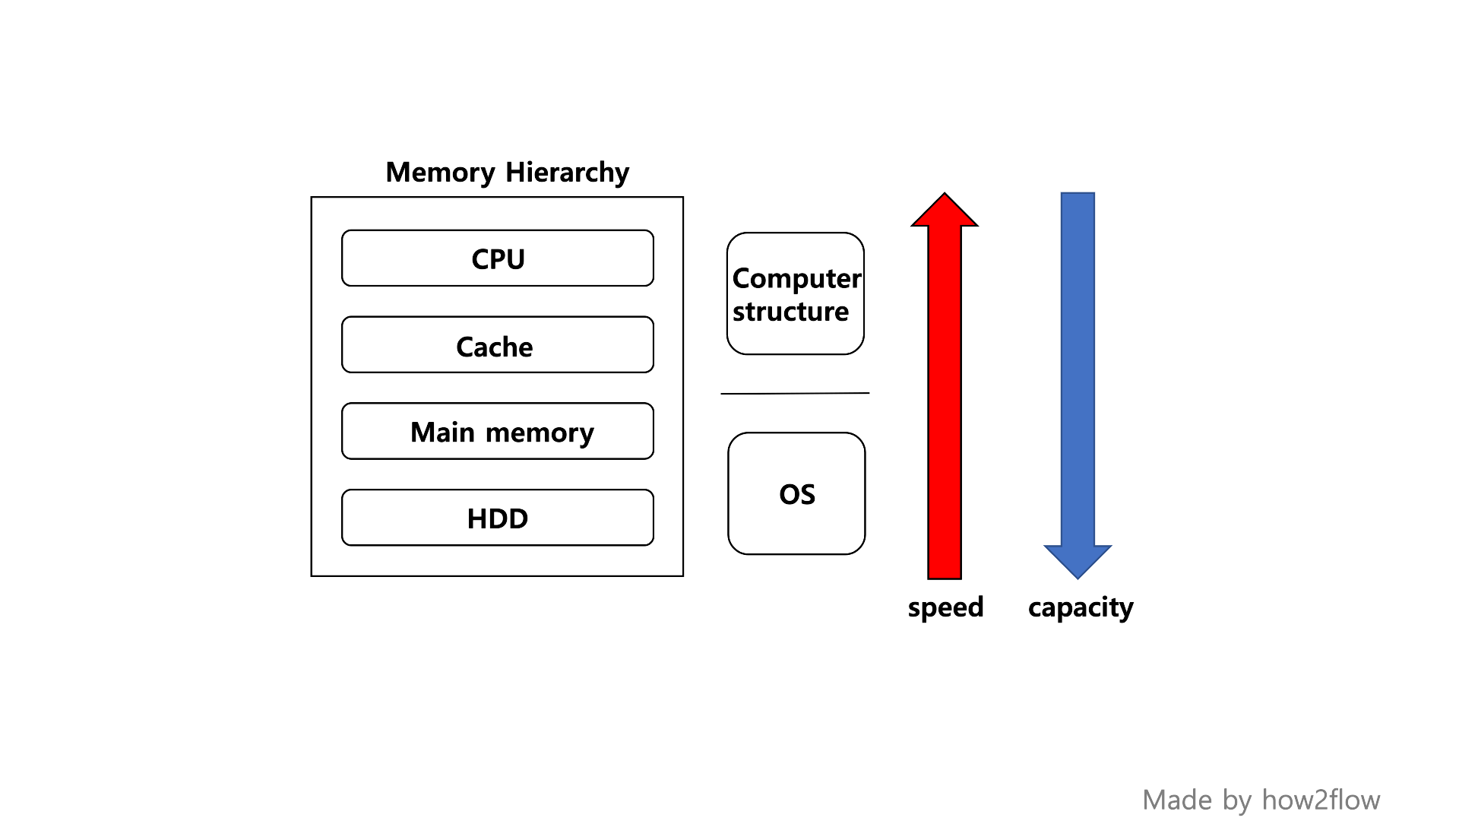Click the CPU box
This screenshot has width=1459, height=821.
[498, 258]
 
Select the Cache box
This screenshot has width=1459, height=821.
[498, 345]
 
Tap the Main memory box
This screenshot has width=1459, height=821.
[498, 431]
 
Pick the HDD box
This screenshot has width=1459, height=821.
[498, 518]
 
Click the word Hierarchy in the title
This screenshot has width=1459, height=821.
[567, 173]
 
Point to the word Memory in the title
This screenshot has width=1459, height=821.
[440, 173]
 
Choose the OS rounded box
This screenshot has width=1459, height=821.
[796, 493]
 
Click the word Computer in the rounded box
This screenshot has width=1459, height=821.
[796, 278]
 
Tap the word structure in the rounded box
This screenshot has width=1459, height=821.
[790, 312]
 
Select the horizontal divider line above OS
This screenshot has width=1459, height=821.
[795, 393]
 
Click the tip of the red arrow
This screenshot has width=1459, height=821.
[945, 195]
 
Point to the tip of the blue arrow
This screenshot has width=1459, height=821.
[1078, 577]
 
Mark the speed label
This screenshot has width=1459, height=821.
[945, 607]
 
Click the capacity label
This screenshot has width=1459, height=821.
[1081, 607]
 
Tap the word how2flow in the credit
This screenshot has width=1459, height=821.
[1321, 800]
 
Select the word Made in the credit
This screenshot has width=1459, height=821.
[1177, 800]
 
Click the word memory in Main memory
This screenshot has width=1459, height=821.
[540, 433]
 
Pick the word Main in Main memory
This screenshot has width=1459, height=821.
[442, 432]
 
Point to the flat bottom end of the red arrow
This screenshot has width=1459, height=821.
[945, 577]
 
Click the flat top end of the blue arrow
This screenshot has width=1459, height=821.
[1078, 195]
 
